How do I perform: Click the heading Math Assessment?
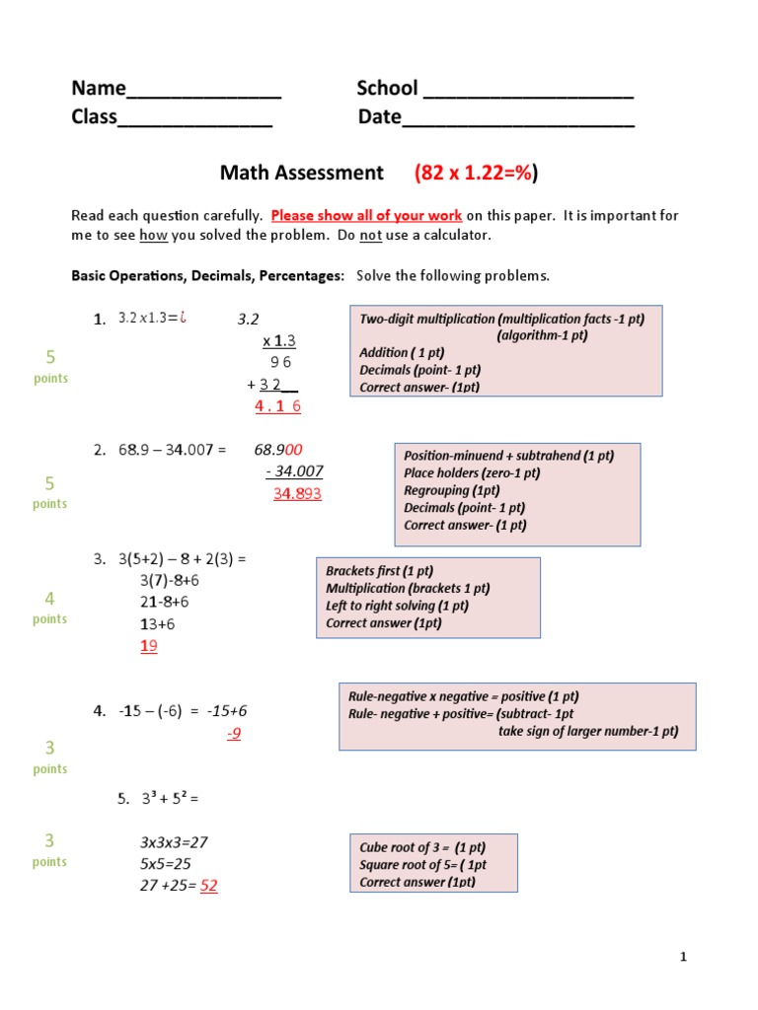[301, 174]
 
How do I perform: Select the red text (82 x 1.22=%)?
[477, 174]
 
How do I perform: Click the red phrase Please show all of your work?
[366, 215]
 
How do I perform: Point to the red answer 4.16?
[277, 406]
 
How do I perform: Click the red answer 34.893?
[297, 493]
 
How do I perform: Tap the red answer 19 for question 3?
[149, 646]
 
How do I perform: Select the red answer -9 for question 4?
[234, 734]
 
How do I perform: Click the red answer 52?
[209, 886]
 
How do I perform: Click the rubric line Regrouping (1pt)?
[451, 490]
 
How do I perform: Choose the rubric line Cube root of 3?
[422, 847]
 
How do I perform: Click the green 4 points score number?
[49, 599]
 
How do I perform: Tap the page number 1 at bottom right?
[682, 957]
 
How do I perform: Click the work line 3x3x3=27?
[174, 842]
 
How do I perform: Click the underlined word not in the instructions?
[370, 236]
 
